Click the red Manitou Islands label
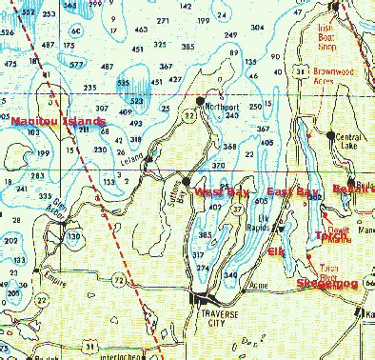pos(47,123)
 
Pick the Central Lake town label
pos(346,140)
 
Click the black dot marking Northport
pos(200,99)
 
